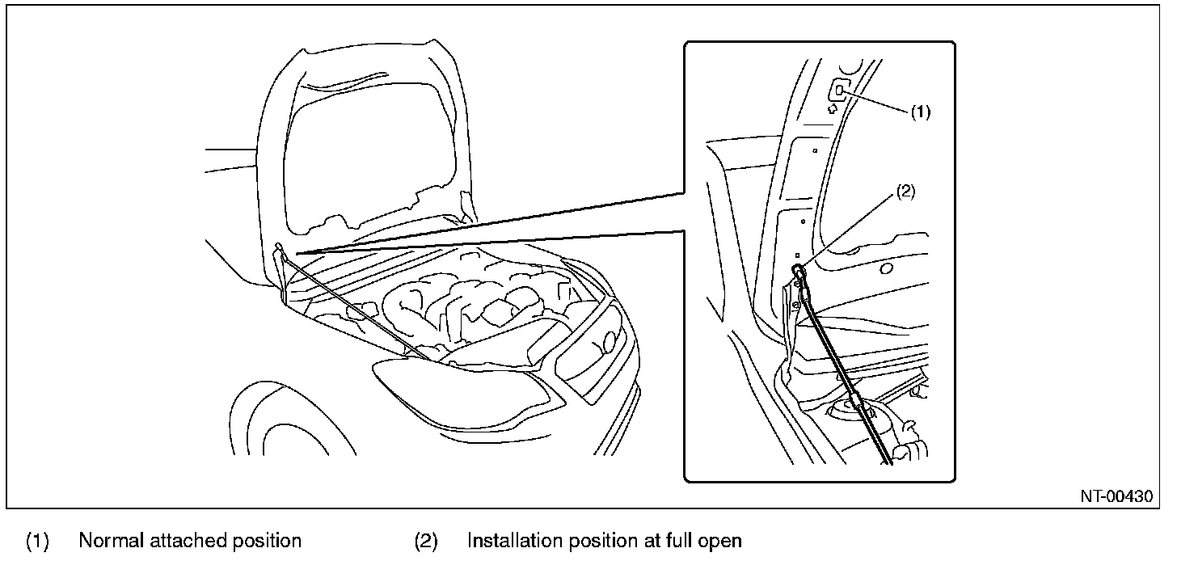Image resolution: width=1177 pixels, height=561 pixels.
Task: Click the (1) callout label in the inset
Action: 921,113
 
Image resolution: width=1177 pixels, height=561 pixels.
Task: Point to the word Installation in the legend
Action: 512,540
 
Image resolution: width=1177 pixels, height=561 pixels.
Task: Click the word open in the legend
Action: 721,540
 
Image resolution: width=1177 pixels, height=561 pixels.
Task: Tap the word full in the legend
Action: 678,540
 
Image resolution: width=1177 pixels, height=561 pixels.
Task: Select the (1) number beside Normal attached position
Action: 37,540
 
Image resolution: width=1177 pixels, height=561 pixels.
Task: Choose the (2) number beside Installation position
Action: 426,540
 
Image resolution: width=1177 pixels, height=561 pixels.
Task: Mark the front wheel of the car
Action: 275,428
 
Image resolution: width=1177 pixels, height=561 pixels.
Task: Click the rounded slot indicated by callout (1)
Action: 839,91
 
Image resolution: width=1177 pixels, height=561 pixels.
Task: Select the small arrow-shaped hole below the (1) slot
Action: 833,109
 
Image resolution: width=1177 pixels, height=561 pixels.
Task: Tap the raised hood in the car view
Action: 364,137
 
